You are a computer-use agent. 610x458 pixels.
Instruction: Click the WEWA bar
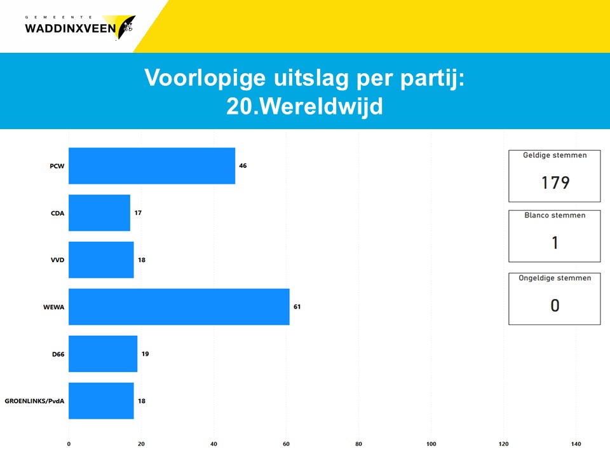coord(179,307)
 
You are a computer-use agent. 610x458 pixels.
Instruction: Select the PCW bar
coord(152,165)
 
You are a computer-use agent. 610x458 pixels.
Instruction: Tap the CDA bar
coord(99,212)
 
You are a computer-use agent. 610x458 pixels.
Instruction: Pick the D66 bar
coord(103,354)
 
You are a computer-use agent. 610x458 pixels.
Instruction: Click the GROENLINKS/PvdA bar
coord(101,401)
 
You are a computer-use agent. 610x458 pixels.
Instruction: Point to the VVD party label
coord(58,260)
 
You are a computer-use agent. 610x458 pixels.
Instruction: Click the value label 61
coord(297,307)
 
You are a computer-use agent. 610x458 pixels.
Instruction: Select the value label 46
coord(243,165)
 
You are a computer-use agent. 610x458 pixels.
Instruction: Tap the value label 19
coord(145,354)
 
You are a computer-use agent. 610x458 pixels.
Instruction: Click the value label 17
coord(138,212)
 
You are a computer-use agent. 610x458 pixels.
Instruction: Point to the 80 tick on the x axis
coord(358,444)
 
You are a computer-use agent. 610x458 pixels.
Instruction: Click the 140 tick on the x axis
coord(576,444)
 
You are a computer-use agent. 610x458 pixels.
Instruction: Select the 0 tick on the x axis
coord(69,444)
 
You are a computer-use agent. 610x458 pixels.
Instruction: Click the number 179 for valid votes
coord(555,183)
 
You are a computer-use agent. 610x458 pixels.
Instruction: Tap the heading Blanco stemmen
coord(555,215)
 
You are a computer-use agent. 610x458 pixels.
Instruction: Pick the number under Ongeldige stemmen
coord(555,305)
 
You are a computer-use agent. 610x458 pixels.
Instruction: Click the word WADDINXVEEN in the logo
coord(71,29)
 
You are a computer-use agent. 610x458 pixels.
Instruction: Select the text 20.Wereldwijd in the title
coord(304,106)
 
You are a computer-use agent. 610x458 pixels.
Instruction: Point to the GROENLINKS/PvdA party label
coord(34,401)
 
